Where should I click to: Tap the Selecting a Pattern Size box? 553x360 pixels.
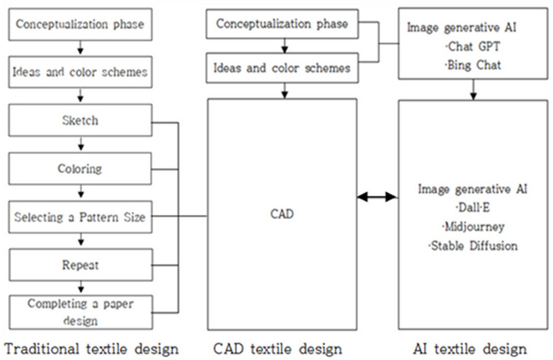80,218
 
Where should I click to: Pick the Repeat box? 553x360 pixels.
80,265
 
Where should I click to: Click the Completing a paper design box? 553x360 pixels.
80,312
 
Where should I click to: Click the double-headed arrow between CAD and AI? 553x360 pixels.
377,198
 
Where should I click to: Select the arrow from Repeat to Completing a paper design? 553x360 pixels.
80,288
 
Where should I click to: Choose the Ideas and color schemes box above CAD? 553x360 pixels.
283,68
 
